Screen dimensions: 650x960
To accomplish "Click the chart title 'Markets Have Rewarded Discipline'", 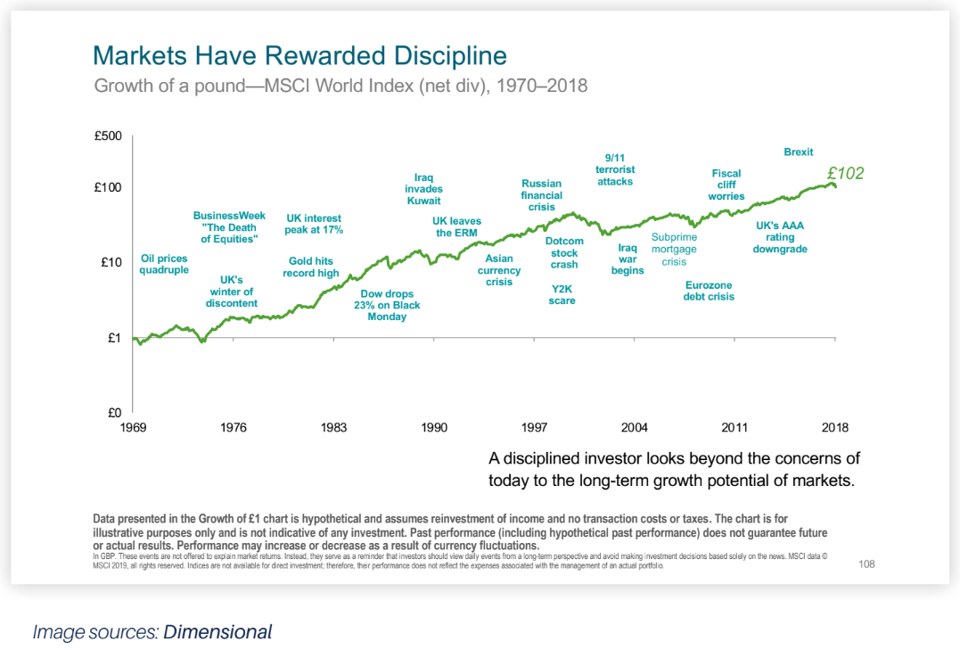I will [x=299, y=55].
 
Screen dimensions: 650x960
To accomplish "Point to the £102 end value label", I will [x=845, y=174].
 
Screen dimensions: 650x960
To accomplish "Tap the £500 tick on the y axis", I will [x=108, y=136].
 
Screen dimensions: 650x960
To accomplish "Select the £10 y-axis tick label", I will [x=111, y=263].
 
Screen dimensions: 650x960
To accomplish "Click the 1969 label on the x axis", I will [x=133, y=428].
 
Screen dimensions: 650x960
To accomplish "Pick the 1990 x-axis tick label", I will [x=434, y=428].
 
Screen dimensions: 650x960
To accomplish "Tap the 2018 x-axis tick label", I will [x=835, y=428].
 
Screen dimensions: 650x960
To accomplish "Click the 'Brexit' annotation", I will [x=798, y=152].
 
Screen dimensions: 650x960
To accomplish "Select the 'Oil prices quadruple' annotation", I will [x=165, y=264].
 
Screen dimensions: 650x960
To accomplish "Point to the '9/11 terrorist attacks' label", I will [x=615, y=169].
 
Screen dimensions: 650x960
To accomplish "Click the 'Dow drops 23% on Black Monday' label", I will [x=387, y=305].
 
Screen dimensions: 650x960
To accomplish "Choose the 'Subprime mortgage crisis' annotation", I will [x=674, y=250].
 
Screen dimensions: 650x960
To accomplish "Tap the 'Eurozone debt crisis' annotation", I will [x=709, y=291].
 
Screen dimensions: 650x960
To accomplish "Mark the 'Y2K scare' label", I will [x=562, y=294].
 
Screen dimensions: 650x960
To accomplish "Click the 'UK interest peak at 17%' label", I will [x=315, y=224].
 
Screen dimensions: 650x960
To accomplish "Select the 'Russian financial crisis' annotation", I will [x=542, y=195].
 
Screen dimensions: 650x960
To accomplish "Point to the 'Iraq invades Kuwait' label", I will [x=423, y=189].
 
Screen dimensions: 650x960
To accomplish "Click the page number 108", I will [x=866, y=564].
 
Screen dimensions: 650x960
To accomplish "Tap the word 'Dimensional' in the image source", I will [x=217, y=632].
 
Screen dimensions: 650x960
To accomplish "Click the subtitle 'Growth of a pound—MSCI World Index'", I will [x=341, y=86].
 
